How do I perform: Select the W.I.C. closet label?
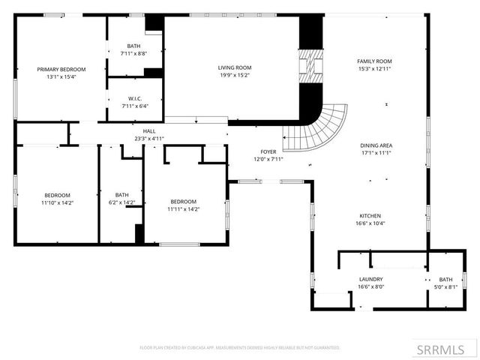[135, 98]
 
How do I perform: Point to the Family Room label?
[374, 61]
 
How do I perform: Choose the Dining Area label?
[376, 145]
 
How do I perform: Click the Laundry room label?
[371, 279]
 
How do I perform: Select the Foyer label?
[268, 151]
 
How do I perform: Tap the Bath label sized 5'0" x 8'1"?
[445, 279]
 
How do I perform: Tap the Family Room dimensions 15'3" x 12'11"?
[374, 68]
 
